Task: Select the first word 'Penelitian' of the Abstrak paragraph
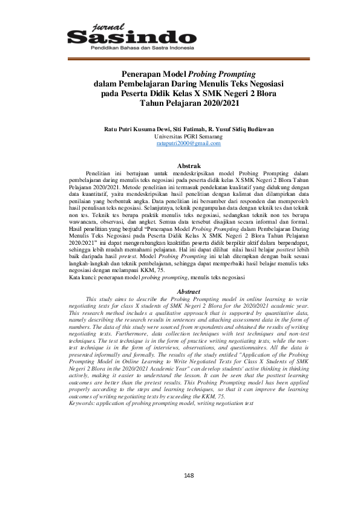(100, 172)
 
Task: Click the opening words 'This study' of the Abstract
(99, 299)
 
